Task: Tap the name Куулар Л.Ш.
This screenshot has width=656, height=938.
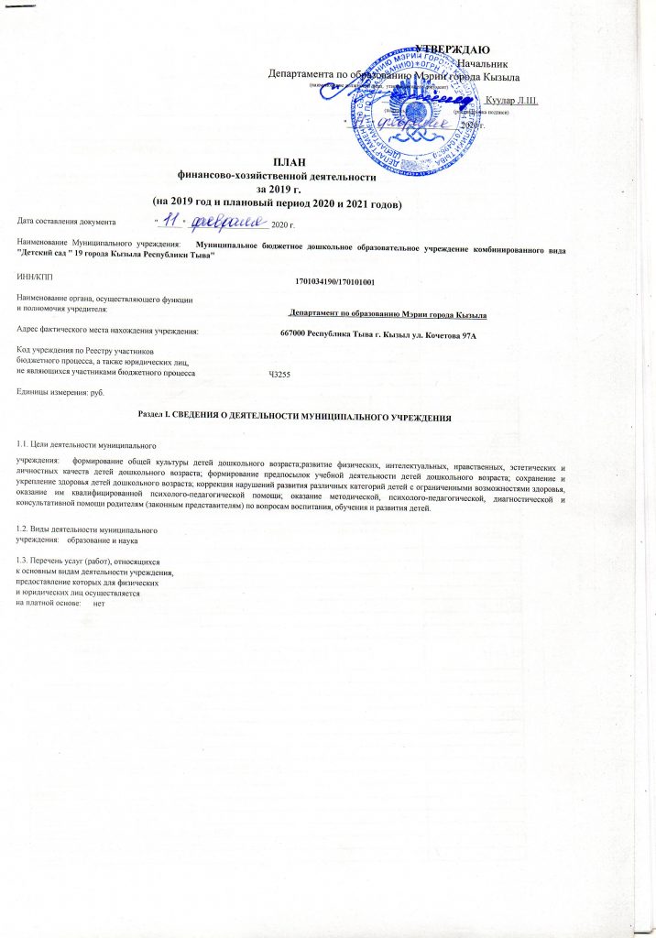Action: pyautogui.click(x=511, y=99)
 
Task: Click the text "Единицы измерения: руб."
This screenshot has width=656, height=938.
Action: pyautogui.click(x=61, y=392)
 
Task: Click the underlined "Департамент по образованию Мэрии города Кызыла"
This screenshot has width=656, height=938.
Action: pyautogui.click(x=388, y=314)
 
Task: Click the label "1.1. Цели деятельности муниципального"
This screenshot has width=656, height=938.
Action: pyautogui.click(x=85, y=443)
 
